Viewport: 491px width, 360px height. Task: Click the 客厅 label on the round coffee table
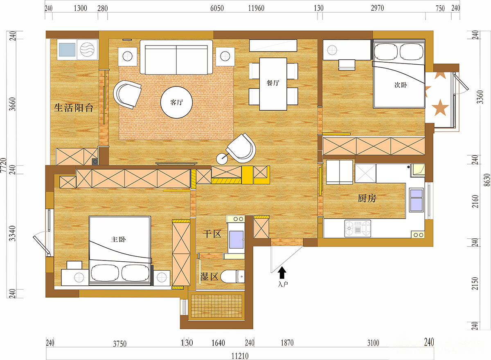point(176,102)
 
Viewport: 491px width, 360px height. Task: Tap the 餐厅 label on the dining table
point(273,83)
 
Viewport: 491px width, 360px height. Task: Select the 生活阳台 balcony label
point(74,108)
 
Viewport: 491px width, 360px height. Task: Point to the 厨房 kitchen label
point(367,198)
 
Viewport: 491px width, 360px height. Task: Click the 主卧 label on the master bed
point(118,239)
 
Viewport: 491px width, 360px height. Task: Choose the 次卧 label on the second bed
point(401,85)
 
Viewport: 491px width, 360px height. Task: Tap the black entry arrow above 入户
point(282,273)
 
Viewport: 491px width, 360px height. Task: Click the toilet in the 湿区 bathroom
point(232,276)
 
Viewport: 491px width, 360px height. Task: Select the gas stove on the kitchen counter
point(358,229)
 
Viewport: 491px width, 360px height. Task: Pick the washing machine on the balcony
point(87,50)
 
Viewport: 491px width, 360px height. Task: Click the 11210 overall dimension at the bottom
point(240,356)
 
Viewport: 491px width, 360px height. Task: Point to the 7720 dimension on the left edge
point(4,165)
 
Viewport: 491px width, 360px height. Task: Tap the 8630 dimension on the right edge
point(487,180)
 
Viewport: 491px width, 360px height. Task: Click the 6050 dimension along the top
point(217,8)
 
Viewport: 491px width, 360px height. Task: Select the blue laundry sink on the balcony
point(67,50)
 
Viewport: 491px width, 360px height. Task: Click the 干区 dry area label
point(212,234)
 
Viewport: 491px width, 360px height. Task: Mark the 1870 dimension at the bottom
point(287,343)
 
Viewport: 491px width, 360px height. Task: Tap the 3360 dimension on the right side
point(480,97)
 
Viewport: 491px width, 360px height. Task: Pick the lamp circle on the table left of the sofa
point(128,57)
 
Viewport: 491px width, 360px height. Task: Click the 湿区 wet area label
point(209,276)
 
